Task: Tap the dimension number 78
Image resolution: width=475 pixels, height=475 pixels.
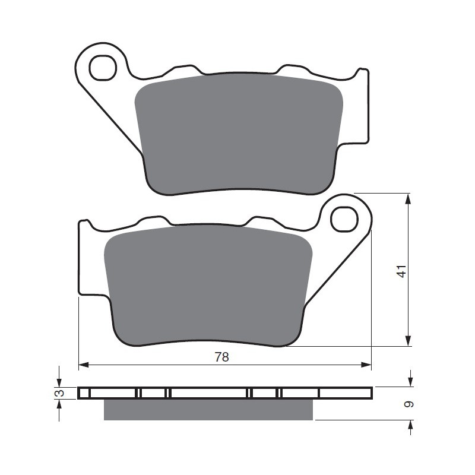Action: coord(221,357)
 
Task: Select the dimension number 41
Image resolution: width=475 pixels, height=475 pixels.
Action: coord(402,271)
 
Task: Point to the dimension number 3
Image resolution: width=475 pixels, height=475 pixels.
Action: coord(61,393)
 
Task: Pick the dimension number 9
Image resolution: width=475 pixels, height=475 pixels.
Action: coord(409,404)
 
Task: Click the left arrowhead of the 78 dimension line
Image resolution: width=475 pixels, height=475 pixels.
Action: coord(84,365)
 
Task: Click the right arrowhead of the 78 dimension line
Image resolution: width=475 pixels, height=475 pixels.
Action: coord(366,365)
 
